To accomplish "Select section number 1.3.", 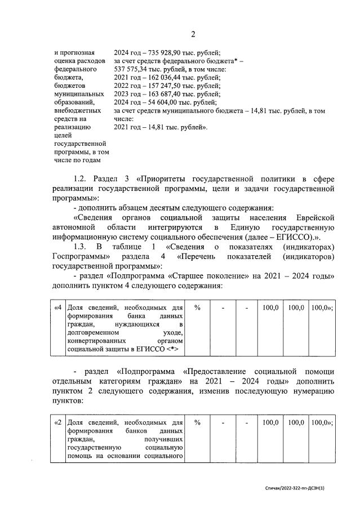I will coord(82,247).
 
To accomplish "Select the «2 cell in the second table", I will coord(57,422).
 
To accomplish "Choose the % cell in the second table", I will coord(198,422).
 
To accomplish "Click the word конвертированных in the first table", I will coord(94,341).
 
